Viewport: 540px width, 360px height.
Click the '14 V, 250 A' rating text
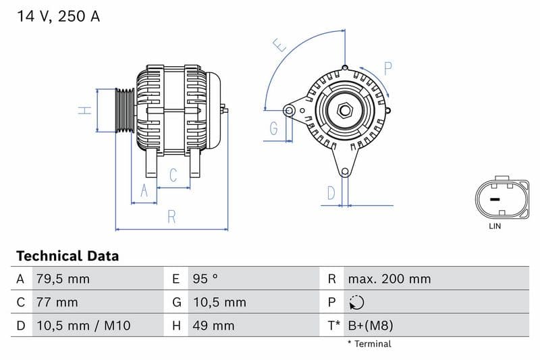57,17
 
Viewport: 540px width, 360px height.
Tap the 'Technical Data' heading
67,256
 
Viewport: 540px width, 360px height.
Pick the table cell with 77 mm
57,302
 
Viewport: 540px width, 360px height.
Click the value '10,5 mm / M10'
83,326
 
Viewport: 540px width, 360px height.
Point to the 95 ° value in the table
205,278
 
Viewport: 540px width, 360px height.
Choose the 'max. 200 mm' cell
389,278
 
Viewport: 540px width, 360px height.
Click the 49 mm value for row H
213,326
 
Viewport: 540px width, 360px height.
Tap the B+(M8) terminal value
370,326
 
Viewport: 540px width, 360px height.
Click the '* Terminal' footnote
369,344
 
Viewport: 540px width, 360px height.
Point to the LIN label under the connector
495,226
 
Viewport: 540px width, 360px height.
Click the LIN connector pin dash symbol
495,199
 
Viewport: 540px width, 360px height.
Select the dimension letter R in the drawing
171,217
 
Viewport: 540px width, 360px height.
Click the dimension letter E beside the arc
279,45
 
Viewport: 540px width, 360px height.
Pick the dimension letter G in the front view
274,128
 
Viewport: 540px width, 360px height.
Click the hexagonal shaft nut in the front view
344,110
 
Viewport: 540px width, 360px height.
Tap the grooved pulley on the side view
124,110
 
